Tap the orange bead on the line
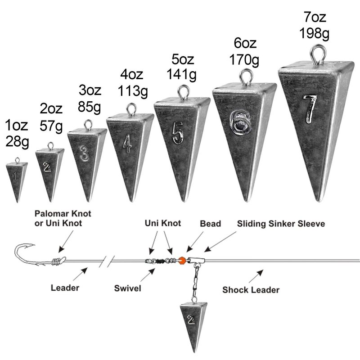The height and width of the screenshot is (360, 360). (182, 260)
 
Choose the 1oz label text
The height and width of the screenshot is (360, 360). (17, 125)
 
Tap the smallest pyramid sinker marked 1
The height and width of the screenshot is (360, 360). (16, 178)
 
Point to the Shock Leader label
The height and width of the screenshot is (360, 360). (251, 290)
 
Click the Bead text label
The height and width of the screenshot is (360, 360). (210, 224)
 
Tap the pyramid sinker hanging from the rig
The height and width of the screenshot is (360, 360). (191, 319)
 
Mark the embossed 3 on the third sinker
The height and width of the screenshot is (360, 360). (83, 153)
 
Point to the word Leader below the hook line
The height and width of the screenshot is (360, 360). (65, 287)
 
